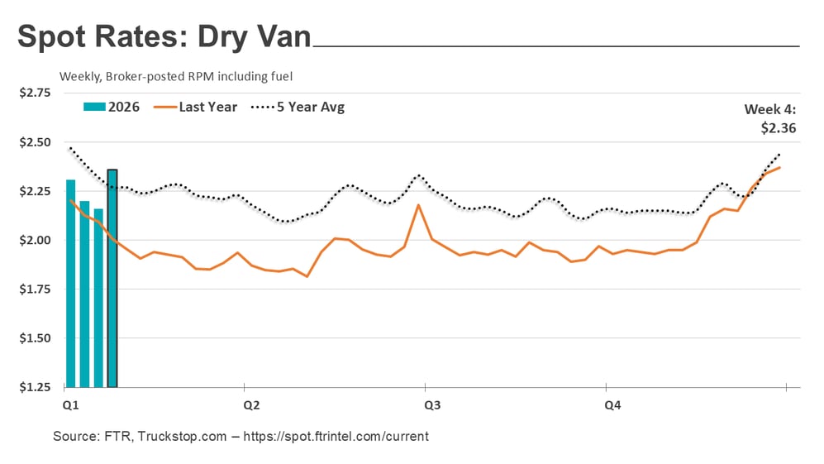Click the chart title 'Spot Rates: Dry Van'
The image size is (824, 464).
164,37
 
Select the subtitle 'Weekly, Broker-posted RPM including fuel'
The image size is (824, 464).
176,76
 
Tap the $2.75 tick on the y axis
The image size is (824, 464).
34,93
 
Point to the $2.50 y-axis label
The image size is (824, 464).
34,142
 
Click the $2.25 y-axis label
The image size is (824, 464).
34,191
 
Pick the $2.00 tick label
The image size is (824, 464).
34,240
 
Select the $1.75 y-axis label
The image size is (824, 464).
34,289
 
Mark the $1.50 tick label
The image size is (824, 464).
34,338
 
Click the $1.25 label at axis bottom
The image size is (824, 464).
34,387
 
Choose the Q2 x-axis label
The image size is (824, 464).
250,405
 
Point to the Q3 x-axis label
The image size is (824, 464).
431,405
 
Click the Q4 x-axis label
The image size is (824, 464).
612,405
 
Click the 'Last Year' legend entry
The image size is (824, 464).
198,107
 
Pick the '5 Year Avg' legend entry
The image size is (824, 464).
299,107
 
